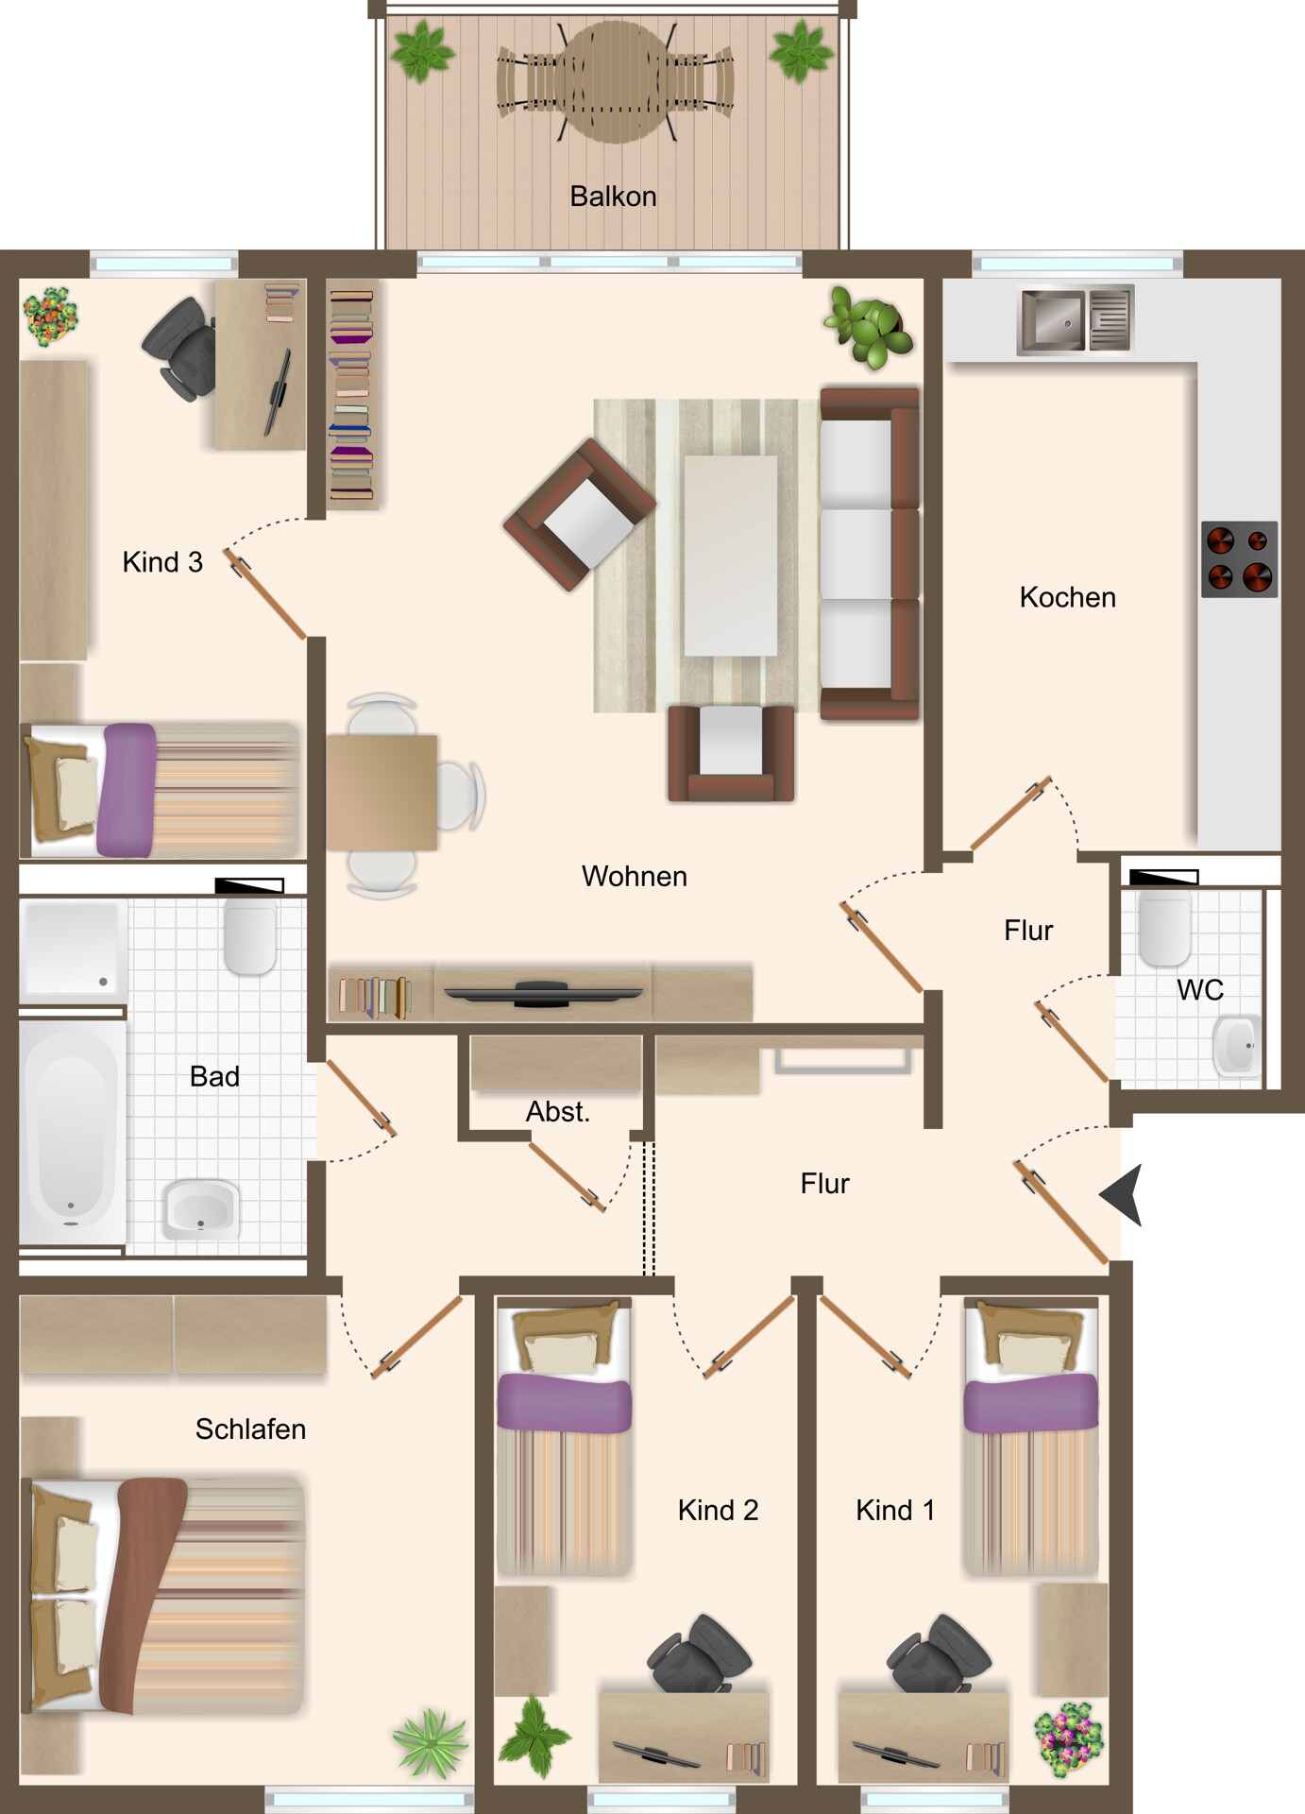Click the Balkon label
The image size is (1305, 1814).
pos(613,197)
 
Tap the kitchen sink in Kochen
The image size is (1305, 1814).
pos(1076,319)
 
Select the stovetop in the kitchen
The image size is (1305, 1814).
pos(1239,559)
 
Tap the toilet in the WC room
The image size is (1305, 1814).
pos(1164,929)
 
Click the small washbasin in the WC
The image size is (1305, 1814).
pos(1237,1046)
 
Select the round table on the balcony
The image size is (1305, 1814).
pos(616,83)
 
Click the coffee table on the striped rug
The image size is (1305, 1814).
pos(730,556)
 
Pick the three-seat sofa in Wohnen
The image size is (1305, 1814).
pos(869,554)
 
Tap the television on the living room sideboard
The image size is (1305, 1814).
pos(543,993)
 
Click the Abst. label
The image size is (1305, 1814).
pos(557,1112)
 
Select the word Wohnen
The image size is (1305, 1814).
pos(634,877)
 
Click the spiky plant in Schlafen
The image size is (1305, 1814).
pos(431,1744)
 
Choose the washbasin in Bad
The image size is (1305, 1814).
pos(201,1208)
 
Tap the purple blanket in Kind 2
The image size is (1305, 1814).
pos(564,1403)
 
